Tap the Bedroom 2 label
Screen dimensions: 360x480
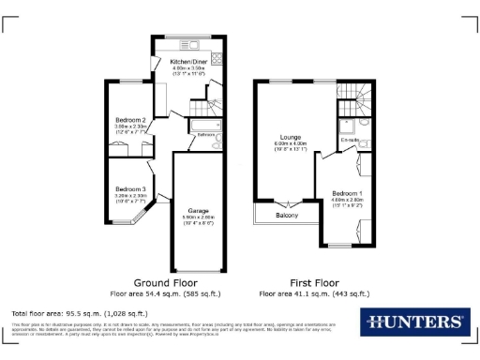pyautogui.click(x=130, y=121)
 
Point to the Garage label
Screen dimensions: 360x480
pyautogui.click(x=197, y=210)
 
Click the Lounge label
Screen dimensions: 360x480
pyautogui.click(x=277, y=136)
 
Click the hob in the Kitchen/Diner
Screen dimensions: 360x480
pyautogui.click(x=217, y=58)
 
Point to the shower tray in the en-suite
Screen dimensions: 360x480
pyautogui.click(x=346, y=122)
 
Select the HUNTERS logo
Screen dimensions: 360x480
pyautogui.click(x=413, y=322)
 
